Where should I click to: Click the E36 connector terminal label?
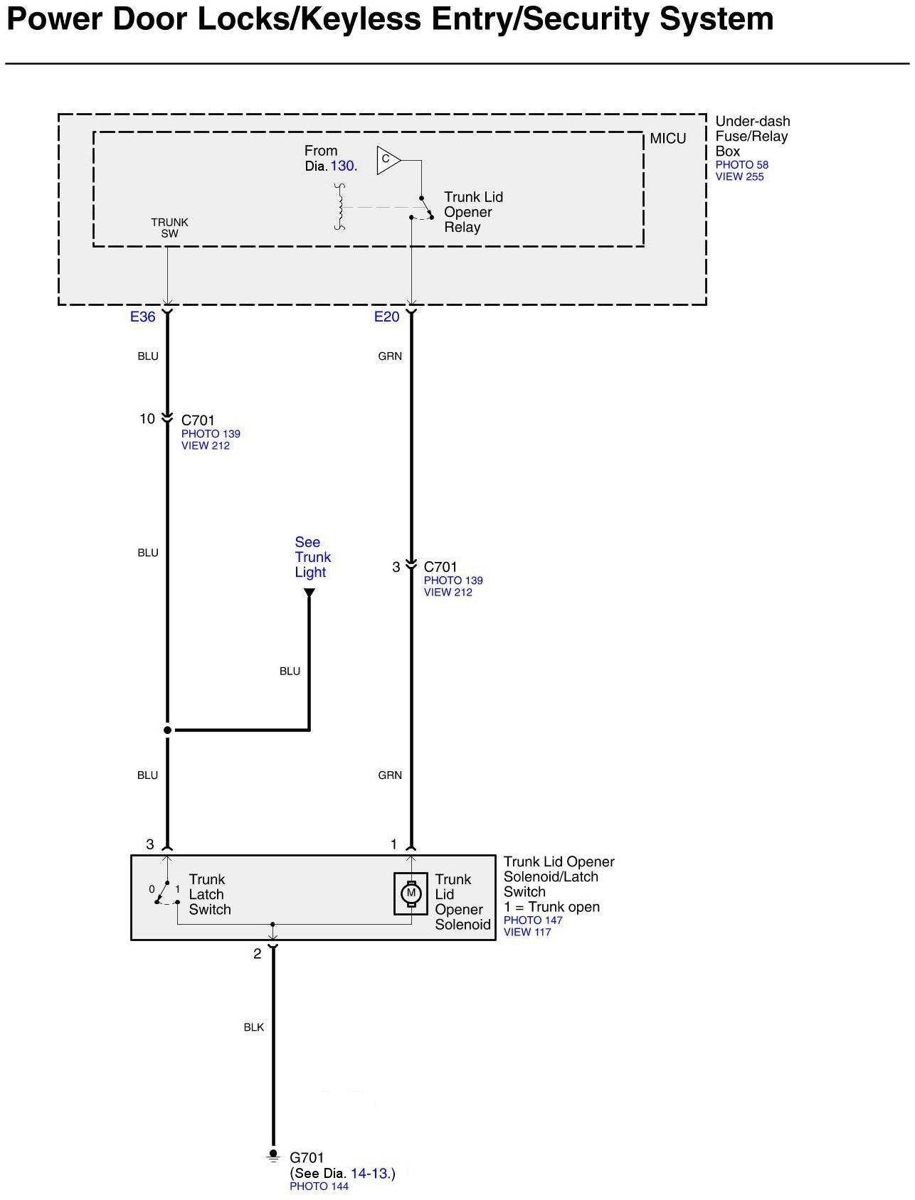click(x=142, y=317)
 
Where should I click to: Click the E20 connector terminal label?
click(x=387, y=317)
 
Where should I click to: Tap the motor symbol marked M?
click(x=411, y=893)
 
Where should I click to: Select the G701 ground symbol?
click(x=273, y=1157)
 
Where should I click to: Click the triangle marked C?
click(x=388, y=159)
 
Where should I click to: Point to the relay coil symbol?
click(x=340, y=207)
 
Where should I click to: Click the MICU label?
click(x=668, y=139)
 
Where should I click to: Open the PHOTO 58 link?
click(x=741, y=165)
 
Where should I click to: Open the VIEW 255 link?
click(x=739, y=177)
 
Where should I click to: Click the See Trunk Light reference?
click(x=312, y=557)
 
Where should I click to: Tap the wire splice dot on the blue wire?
click(x=168, y=730)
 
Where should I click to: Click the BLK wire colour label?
click(x=254, y=1027)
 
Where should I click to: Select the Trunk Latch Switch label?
click(x=209, y=894)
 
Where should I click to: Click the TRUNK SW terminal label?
click(x=169, y=228)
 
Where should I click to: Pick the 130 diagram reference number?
click(x=343, y=166)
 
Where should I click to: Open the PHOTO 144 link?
click(x=319, y=1186)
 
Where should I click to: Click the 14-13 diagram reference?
click(x=370, y=1173)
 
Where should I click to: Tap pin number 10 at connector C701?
click(x=147, y=419)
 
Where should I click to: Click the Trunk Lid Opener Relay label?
click(x=472, y=212)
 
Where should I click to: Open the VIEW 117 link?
click(x=527, y=932)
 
